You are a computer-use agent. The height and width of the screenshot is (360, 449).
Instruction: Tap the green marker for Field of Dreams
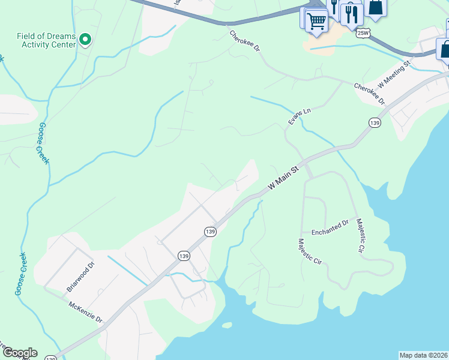click(x=85, y=40)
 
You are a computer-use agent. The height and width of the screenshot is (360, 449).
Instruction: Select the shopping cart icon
click(x=316, y=22)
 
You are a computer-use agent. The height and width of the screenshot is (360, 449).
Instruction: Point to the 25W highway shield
click(x=363, y=33)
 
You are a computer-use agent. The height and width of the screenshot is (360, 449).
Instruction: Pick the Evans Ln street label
click(x=300, y=116)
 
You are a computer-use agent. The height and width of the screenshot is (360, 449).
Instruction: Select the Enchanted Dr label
click(x=330, y=227)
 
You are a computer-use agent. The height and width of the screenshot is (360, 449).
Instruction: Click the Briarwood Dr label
click(x=80, y=276)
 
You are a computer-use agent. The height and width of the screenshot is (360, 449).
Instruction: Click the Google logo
click(x=19, y=353)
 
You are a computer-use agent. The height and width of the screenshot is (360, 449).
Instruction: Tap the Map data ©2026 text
click(x=423, y=355)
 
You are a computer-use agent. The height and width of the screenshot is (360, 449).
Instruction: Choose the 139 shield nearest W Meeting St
click(x=375, y=123)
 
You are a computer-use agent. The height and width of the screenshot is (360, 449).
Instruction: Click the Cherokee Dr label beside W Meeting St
click(x=369, y=94)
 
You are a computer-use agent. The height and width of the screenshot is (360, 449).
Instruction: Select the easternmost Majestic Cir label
click(x=361, y=235)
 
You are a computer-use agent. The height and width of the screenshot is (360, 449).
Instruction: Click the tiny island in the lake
click(x=226, y=325)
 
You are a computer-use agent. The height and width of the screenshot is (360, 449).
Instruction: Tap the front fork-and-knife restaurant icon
click(x=352, y=15)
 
